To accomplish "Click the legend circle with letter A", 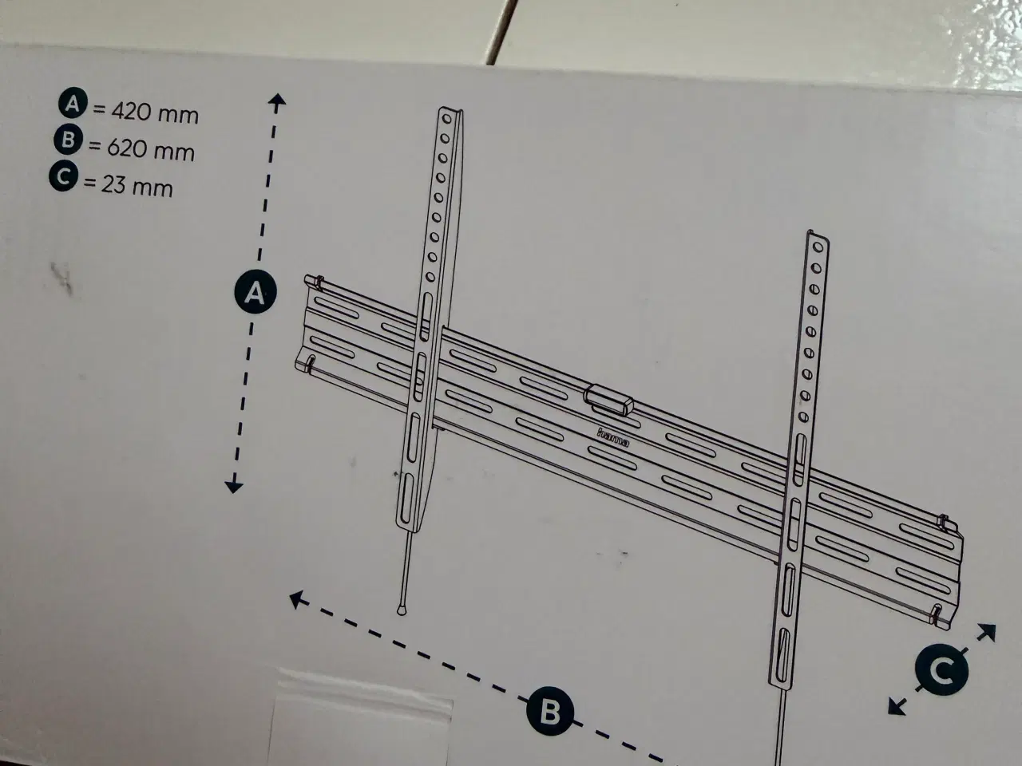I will click(73, 104).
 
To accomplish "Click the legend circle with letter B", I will click(68, 140).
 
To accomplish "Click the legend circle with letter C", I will click(63, 178).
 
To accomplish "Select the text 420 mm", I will click(154, 113).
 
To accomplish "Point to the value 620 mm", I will click(150, 150).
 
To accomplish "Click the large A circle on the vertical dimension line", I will click(255, 294).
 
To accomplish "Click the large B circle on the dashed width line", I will click(549, 711).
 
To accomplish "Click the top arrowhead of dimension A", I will click(276, 101).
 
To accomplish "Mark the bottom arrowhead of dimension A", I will click(233, 486).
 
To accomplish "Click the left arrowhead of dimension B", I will click(298, 598).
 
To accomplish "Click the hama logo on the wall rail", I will click(613, 438).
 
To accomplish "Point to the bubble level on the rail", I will click(608, 400).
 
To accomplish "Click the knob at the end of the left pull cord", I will click(402, 608).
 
